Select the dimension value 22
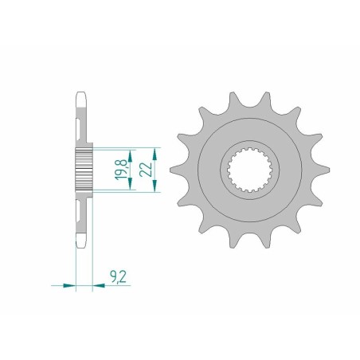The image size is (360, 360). click(145, 170)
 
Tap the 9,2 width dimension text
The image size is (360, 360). click(116, 277)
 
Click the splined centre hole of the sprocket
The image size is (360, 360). click(248, 169)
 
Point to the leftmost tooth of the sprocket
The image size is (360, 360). click(174, 170)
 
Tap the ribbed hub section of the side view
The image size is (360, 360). click(84, 169)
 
